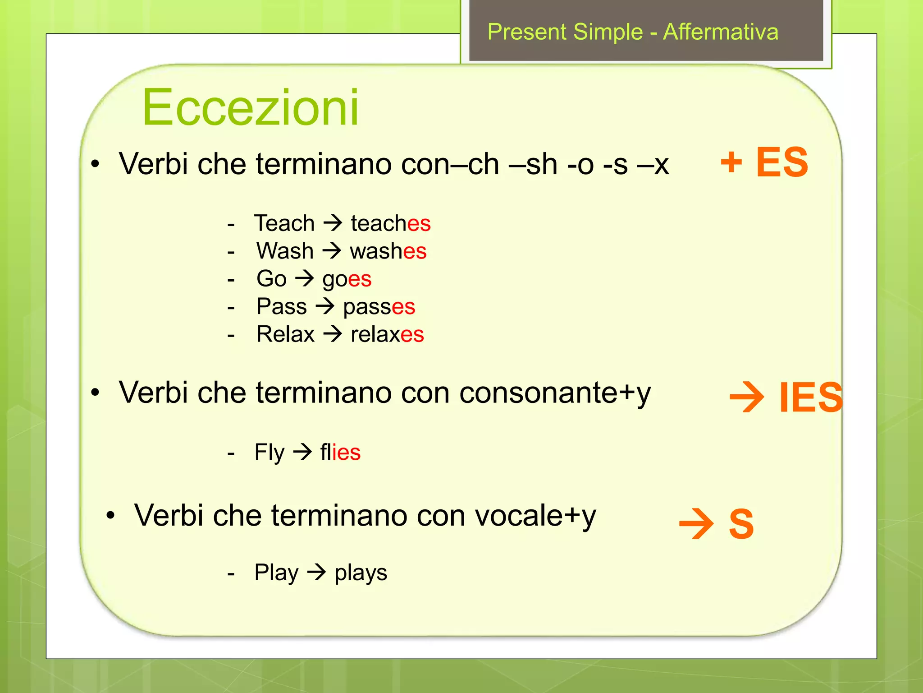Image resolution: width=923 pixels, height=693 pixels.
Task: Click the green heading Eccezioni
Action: click(x=251, y=107)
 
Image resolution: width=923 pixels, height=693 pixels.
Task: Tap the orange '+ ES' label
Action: click(x=764, y=162)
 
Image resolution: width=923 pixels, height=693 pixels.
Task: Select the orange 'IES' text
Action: click(x=810, y=397)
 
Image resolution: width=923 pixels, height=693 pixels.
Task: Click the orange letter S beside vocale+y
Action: click(x=741, y=524)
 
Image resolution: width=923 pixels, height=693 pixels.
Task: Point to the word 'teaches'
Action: click(x=390, y=223)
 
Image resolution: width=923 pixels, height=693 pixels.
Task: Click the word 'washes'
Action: click(x=388, y=251)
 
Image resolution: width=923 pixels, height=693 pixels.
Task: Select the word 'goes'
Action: click(x=347, y=279)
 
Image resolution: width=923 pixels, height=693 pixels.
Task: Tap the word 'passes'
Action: click(x=379, y=307)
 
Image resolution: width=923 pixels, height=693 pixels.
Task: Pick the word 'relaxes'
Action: click(x=387, y=335)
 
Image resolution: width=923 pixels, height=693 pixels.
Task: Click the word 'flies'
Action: click(x=340, y=452)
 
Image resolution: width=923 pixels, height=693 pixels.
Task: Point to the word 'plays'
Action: click(x=361, y=573)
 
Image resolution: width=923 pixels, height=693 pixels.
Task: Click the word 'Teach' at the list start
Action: click(x=284, y=223)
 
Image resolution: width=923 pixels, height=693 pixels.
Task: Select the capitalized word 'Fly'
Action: click(x=270, y=452)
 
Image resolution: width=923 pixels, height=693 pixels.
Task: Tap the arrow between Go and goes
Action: click(x=305, y=278)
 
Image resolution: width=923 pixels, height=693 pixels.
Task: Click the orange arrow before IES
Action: click(x=747, y=397)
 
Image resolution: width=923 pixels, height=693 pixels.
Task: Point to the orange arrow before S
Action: click(x=696, y=524)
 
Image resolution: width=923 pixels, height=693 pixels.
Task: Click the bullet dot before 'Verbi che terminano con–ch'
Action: click(x=95, y=164)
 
